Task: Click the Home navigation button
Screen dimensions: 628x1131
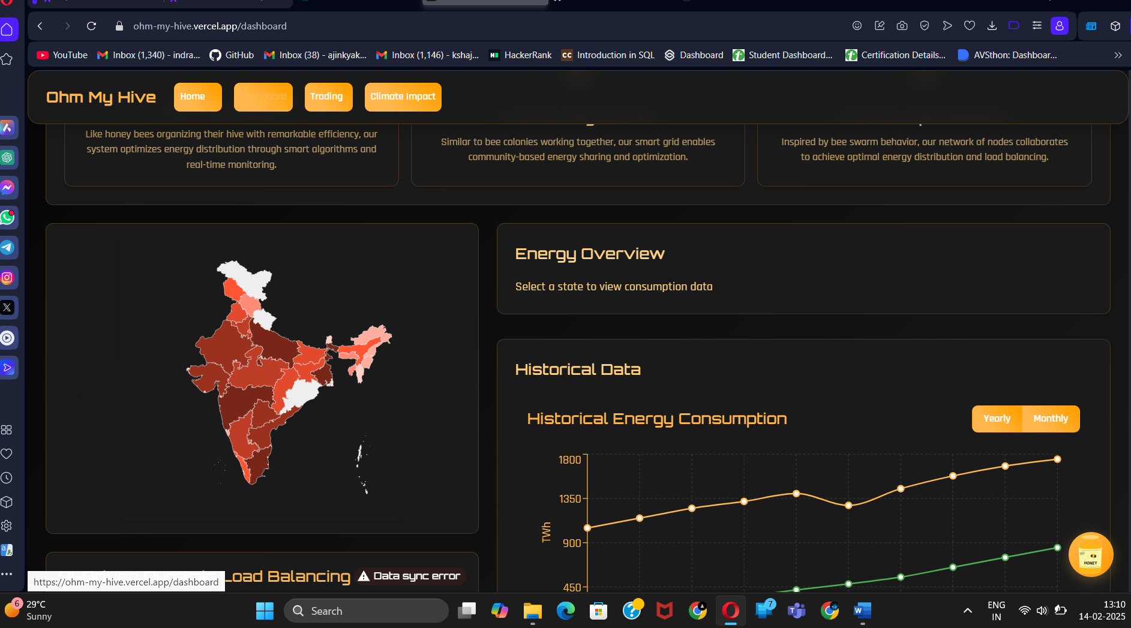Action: click(x=197, y=97)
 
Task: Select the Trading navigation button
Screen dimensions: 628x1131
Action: click(x=328, y=97)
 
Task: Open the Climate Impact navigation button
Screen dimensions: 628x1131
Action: click(x=403, y=97)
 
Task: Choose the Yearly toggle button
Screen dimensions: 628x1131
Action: click(x=997, y=419)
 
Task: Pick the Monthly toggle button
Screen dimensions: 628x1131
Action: click(x=1051, y=419)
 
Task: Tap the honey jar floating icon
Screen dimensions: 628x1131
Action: click(x=1090, y=554)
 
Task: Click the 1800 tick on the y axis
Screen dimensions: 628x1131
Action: click(x=569, y=460)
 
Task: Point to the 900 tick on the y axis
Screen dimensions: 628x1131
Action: click(x=571, y=543)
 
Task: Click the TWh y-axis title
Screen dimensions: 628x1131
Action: click(x=546, y=532)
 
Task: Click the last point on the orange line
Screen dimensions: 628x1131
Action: click(x=1057, y=459)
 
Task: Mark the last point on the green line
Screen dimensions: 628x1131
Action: click(x=1057, y=548)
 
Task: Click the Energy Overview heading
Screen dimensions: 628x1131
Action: click(x=589, y=254)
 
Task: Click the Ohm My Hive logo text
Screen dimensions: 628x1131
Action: click(x=101, y=97)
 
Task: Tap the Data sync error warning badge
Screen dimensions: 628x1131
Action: click(x=410, y=576)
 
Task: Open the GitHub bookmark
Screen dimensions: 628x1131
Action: click(x=232, y=55)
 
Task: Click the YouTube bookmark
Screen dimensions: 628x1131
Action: click(x=62, y=55)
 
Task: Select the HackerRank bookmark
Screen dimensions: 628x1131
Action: click(x=520, y=55)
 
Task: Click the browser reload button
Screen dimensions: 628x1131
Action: click(x=91, y=26)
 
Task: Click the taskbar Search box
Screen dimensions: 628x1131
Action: click(x=366, y=611)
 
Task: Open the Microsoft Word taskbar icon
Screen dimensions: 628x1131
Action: click(x=862, y=611)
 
